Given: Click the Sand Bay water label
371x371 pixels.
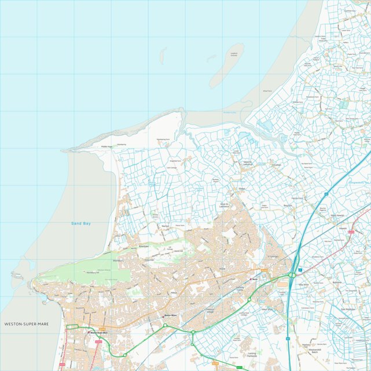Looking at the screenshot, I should click(82, 223).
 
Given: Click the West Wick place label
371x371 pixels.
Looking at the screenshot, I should click(266, 310).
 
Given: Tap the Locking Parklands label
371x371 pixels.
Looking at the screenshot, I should click(252, 355).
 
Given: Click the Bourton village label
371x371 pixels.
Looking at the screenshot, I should click(288, 205).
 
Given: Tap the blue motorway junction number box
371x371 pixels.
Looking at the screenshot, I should click(299, 270).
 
